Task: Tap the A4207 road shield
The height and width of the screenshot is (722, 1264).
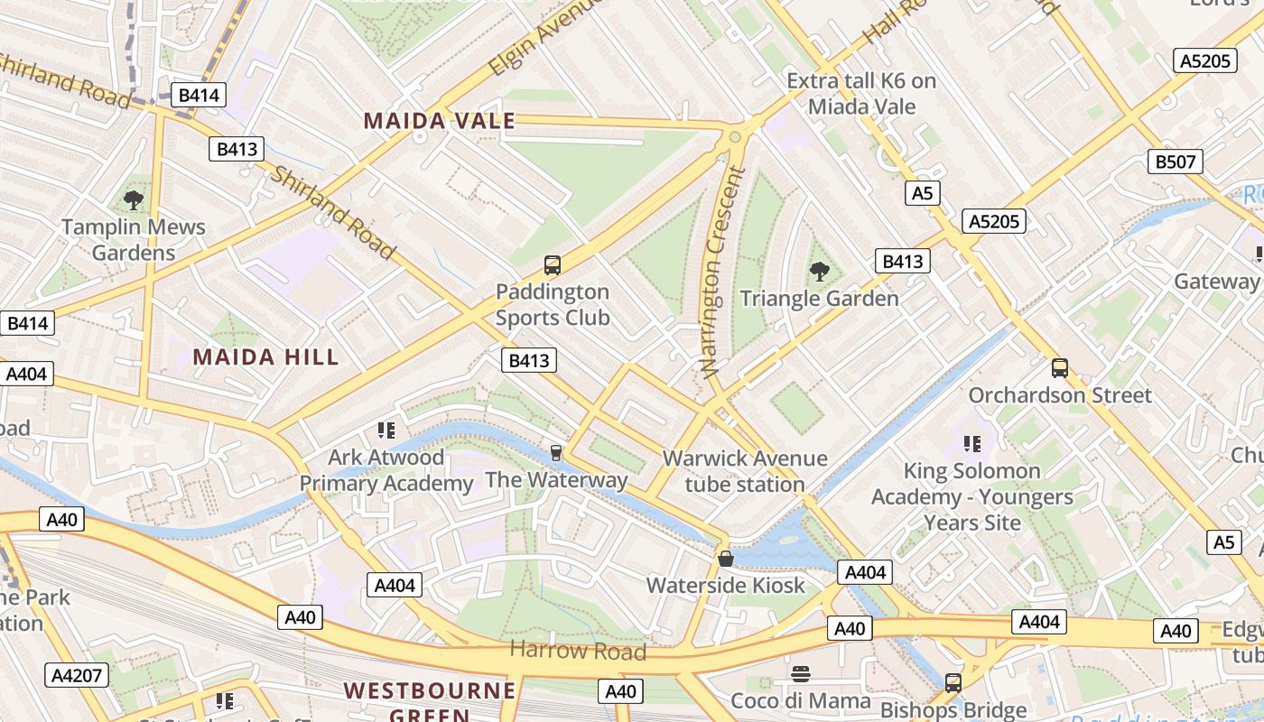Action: click(77, 675)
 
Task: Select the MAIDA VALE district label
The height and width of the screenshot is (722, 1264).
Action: click(439, 121)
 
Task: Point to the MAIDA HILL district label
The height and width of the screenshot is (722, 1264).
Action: click(266, 356)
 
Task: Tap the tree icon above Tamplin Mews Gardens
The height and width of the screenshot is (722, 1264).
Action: click(134, 200)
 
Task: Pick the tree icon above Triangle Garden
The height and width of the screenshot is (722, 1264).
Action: click(820, 271)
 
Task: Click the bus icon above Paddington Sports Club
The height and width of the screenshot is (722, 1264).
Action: click(553, 265)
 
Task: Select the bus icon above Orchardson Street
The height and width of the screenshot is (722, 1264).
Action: click(1060, 368)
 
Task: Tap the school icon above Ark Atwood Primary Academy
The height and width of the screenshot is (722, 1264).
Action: click(386, 430)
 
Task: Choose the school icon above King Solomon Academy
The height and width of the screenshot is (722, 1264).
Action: click(972, 443)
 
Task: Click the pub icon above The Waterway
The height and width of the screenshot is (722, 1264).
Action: click(556, 452)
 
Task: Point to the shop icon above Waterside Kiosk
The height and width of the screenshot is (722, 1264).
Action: click(725, 559)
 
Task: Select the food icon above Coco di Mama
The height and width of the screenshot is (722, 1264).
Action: click(801, 673)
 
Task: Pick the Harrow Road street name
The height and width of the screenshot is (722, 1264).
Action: click(578, 650)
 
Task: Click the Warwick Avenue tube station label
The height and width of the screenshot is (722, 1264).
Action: click(745, 471)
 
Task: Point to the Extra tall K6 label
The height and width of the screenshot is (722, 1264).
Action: click(861, 94)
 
